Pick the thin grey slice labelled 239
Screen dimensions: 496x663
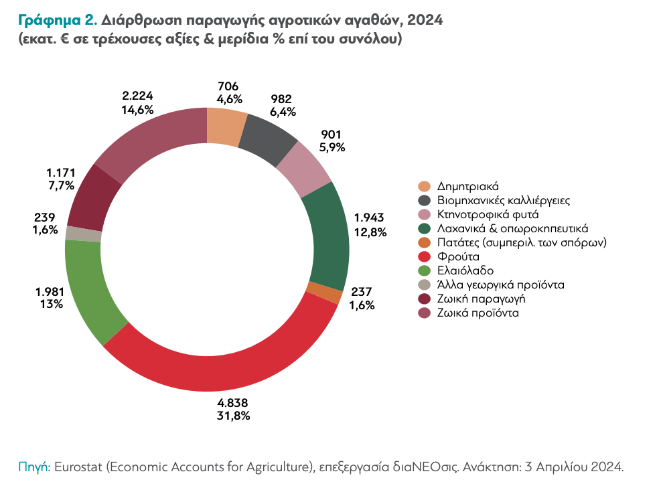coord(84,234)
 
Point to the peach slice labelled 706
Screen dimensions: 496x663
coord(226,125)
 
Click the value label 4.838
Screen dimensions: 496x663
coord(233,403)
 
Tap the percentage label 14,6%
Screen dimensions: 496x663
coord(138,109)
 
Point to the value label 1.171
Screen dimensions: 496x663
coord(57,172)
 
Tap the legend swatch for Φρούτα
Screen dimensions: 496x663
coord(424,256)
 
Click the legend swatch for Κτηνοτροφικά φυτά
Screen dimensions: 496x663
coord(424,214)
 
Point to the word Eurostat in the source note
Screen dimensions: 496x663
coord(79,467)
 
